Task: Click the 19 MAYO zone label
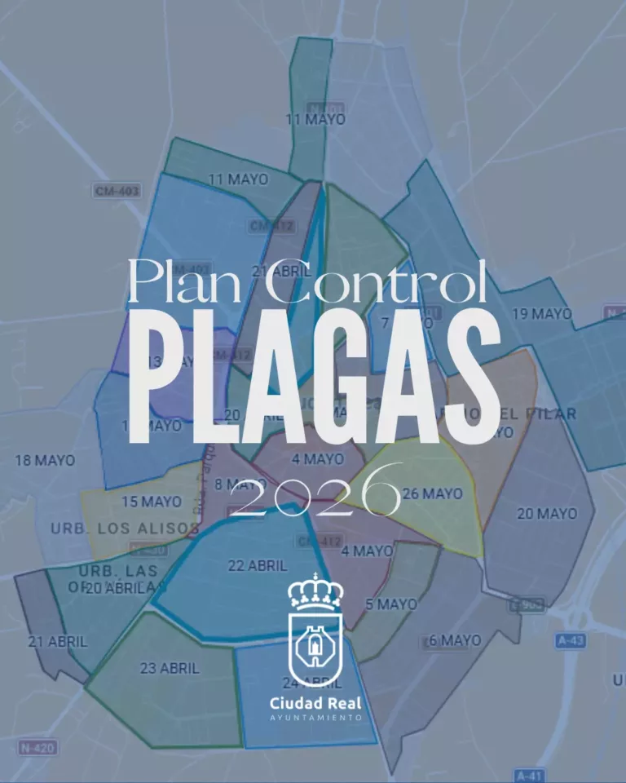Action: pos(541,314)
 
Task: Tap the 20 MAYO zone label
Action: pos(546,514)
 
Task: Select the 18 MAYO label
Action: pos(44,461)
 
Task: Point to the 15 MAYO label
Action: pos(152,502)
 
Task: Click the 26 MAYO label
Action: pos(432,494)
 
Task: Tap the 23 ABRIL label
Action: pos(170,668)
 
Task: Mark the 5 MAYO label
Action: pos(391,604)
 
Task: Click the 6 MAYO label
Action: pos(455,641)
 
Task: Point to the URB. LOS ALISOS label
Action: pos(125,529)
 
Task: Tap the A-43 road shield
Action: pos(571,641)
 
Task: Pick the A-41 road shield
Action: pos(531,774)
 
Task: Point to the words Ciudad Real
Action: pos(316,702)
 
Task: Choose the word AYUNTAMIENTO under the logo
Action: pos(316,718)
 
